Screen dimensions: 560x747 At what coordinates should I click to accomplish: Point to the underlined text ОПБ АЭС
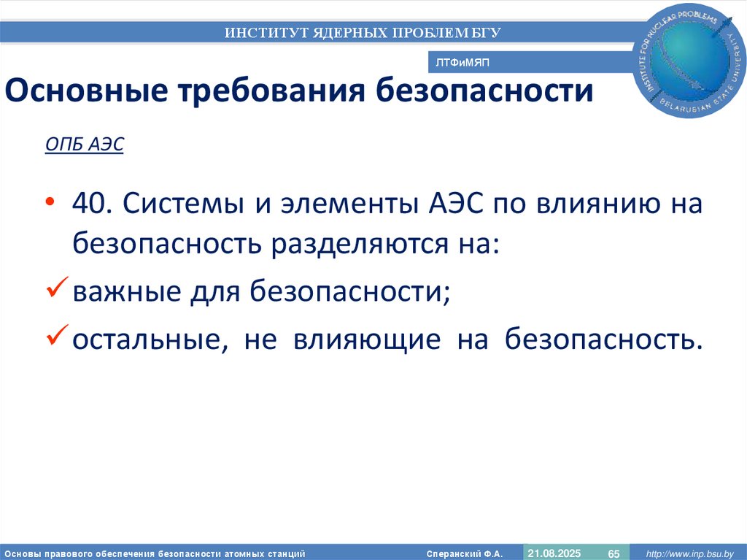85,145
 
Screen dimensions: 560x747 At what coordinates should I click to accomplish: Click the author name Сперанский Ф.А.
465,553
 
